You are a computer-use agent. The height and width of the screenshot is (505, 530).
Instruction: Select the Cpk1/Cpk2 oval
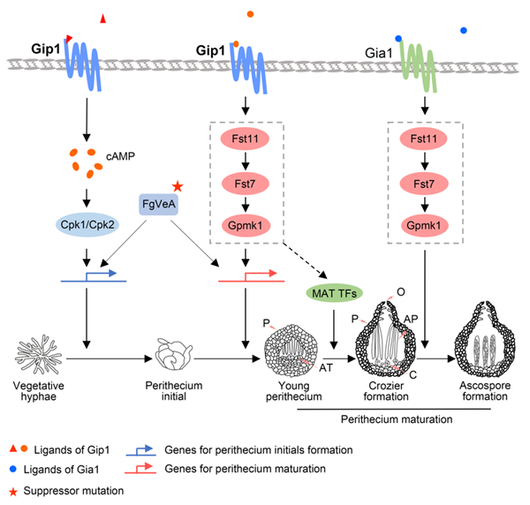click(x=86, y=223)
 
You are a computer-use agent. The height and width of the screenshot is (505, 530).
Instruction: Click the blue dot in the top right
click(x=465, y=31)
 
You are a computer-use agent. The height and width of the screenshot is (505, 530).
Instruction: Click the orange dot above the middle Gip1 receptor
click(x=250, y=15)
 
